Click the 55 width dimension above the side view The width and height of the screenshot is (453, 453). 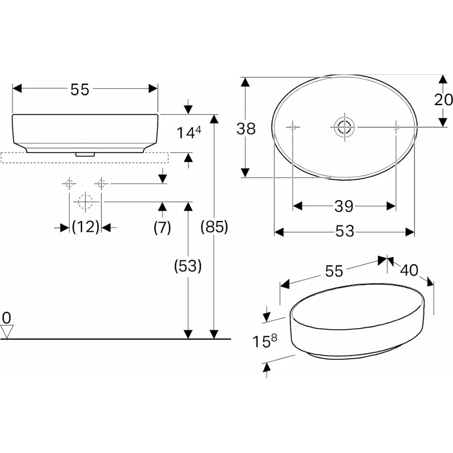click(80, 90)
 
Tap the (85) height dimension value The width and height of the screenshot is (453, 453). click(214, 226)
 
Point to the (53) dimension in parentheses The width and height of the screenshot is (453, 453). click(188, 266)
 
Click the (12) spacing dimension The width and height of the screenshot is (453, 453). click(85, 226)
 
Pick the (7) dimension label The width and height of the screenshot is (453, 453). click(162, 226)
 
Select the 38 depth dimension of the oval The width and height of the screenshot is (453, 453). click(246, 129)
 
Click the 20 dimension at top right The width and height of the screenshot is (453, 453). click(443, 100)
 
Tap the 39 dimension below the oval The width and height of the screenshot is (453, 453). click(344, 206)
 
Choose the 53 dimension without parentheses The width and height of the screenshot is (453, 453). click(344, 232)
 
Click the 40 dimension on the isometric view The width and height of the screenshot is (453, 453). click(409, 270)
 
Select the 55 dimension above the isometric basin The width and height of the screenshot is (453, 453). click(334, 271)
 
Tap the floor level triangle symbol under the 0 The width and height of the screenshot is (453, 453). click(7, 331)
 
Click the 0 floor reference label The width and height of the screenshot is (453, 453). click(7, 317)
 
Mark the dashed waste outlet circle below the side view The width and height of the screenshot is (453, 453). click(84, 202)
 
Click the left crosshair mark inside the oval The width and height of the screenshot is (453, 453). click(293, 127)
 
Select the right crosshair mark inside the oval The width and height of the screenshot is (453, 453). click(396, 127)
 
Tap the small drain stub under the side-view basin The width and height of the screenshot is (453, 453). click(83, 154)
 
